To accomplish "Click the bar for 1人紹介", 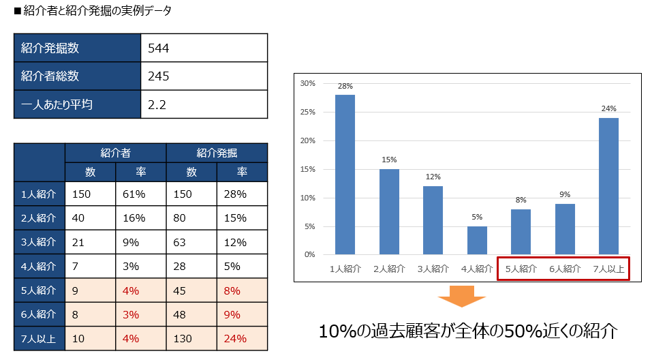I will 345,175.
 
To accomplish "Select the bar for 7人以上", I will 608,186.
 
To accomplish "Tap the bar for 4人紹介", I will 476,240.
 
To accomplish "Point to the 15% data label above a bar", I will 389,160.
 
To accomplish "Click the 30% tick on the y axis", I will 307,83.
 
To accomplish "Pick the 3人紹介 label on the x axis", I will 433,269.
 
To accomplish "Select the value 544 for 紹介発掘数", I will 158,48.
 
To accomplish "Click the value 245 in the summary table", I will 158,76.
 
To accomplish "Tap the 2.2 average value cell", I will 157,104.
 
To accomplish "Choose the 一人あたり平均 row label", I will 57,104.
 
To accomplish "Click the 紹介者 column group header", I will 115,153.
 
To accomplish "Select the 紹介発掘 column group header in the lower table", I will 217,153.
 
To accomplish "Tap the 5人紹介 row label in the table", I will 40,290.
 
